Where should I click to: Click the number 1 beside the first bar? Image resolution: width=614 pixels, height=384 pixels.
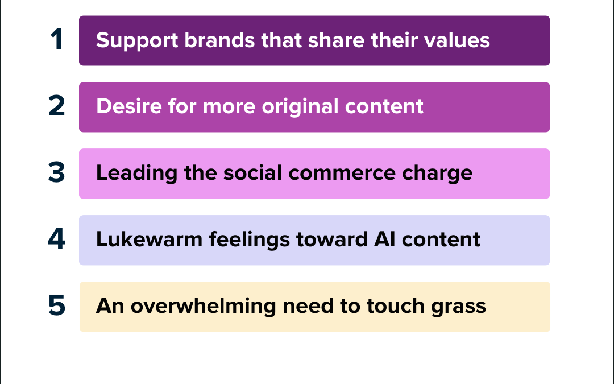point(56,40)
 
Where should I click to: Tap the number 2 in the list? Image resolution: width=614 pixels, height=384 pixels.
point(56,107)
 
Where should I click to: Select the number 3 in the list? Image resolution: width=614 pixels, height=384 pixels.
point(56,174)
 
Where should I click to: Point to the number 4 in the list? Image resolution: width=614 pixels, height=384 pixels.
point(56,240)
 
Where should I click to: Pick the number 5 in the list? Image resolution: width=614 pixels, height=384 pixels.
point(56,306)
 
